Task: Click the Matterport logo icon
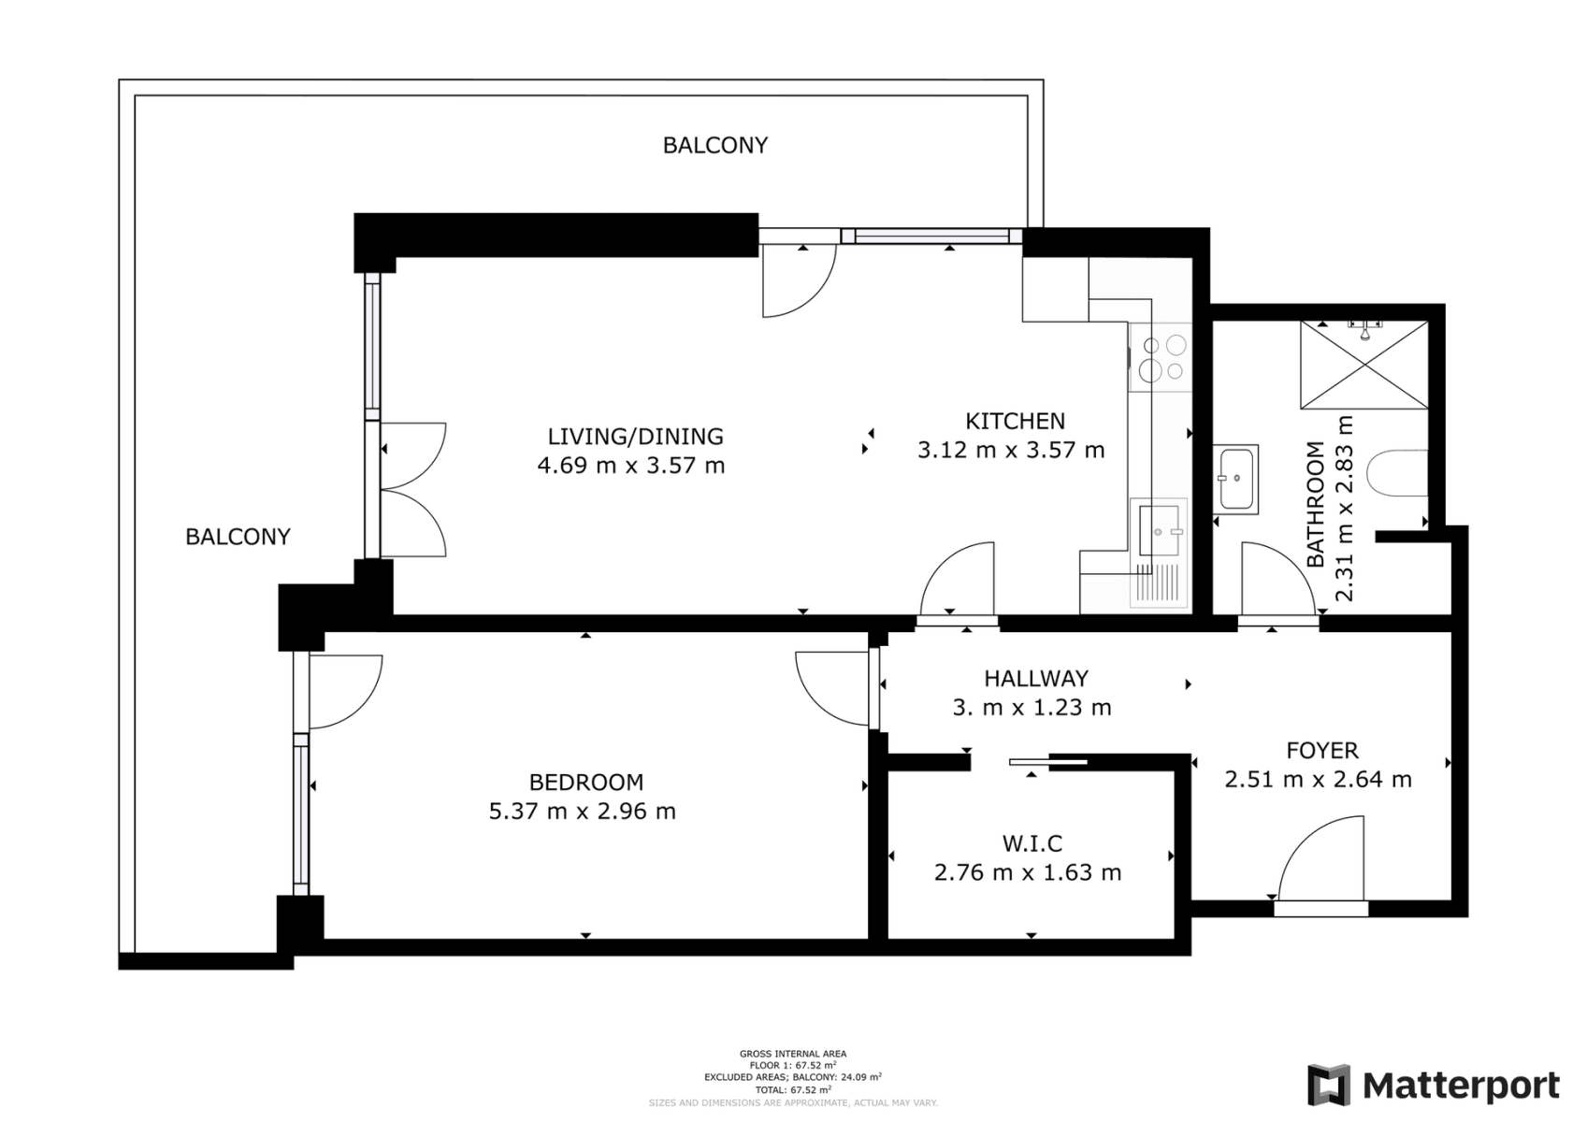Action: click(1328, 1085)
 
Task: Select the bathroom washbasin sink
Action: click(1236, 479)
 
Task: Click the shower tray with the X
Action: click(1364, 366)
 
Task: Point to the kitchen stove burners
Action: click(1161, 358)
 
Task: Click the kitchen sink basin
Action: click(1159, 531)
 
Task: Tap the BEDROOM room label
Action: click(585, 782)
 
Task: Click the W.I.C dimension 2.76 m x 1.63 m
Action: click(1027, 872)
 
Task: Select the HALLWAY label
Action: click(1035, 678)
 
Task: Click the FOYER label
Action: click(1321, 750)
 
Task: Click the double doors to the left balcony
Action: click(412, 490)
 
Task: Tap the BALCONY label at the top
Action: click(714, 145)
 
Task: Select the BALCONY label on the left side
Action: click(238, 537)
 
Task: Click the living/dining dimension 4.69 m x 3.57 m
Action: click(631, 466)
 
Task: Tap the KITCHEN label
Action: click(1015, 421)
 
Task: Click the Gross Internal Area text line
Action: click(792, 1054)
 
